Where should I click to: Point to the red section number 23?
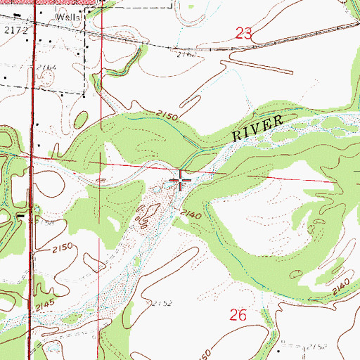pyautogui.click(x=244, y=32)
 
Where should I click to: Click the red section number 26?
pyautogui.click(x=238, y=316)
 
